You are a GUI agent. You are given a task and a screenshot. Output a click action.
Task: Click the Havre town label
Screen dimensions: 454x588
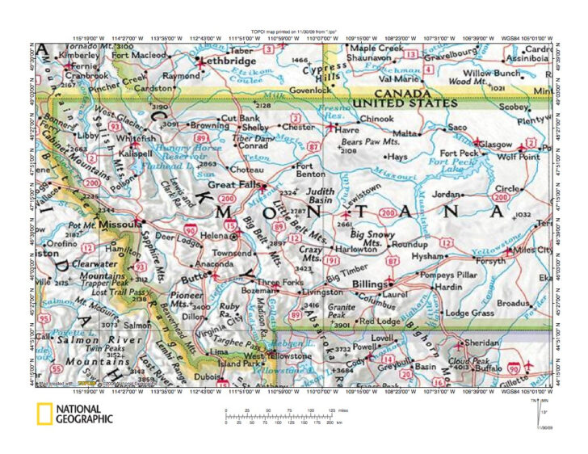[349, 130]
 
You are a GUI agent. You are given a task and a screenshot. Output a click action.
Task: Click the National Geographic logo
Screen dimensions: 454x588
[74, 414]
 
